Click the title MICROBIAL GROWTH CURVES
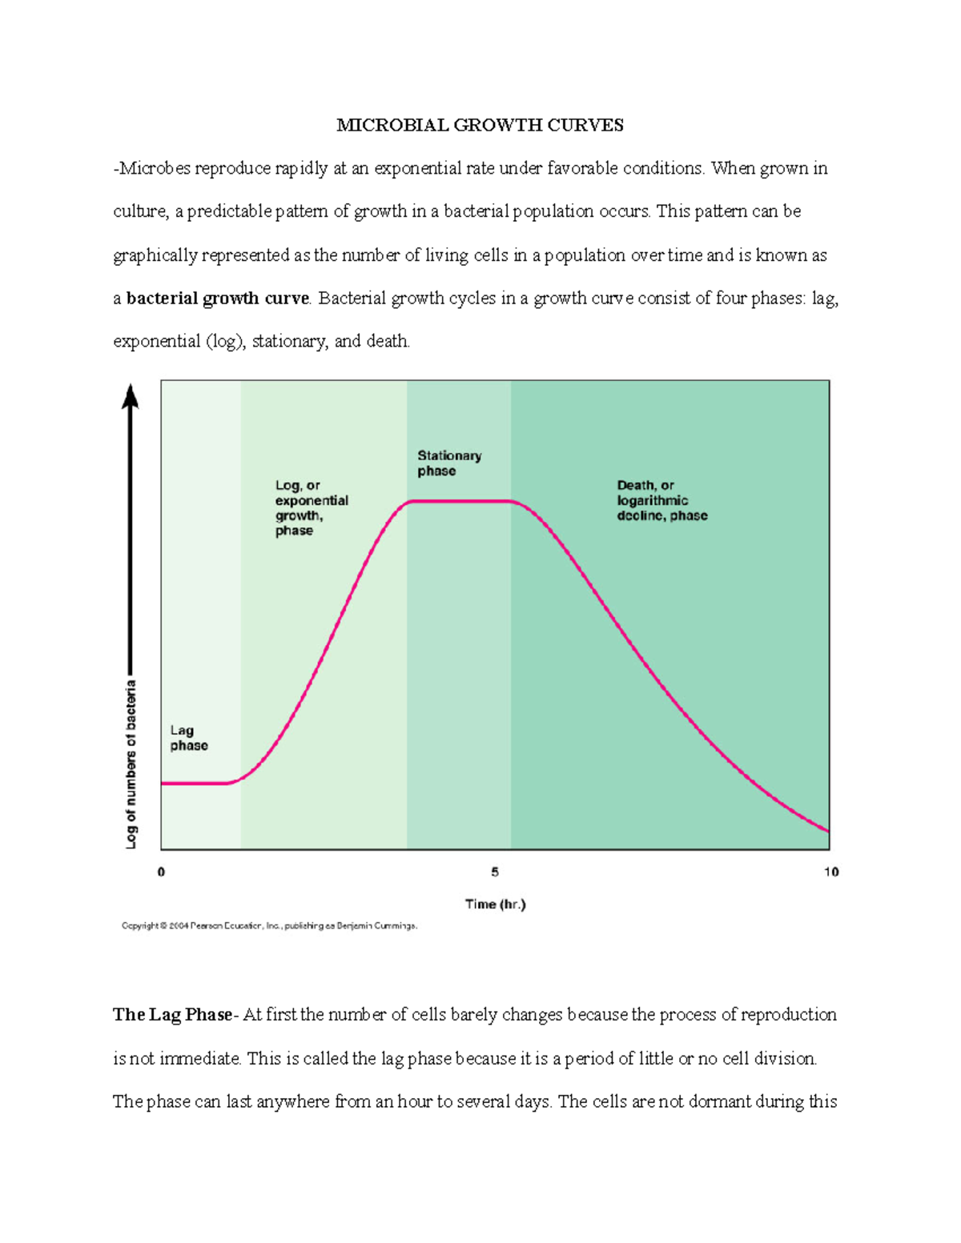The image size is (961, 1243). (x=480, y=125)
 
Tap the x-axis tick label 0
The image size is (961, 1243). (x=161, y=872)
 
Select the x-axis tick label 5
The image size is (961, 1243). (x=495, y=872)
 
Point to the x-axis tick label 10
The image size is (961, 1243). (x=830, y=872)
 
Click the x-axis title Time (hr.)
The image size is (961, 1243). (x=495, y=904)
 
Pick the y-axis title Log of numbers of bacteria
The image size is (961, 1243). (x=131, y=764)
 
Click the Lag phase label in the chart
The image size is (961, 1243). (x=188, y=738)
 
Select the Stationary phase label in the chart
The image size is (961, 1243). (x=449, y=463)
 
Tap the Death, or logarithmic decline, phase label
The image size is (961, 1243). (x=661, y=500)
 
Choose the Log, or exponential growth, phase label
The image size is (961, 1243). (x=312, y=507)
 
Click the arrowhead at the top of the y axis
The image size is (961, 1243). (x=130, y=395)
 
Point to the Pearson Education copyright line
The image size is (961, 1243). (x=269, y=926)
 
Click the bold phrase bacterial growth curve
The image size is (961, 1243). (x=217, y=299)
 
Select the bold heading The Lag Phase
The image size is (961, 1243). (x=172, y=1015)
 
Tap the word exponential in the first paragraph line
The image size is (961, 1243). (x=431, y=168)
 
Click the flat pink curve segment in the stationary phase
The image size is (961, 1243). (x=459, y=501)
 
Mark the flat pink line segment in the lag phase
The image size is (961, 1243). (x=195, y=784)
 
